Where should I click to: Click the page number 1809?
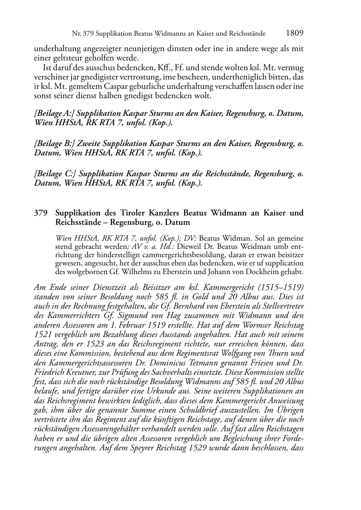pos(295,33)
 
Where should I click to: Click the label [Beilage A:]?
pos(54,114)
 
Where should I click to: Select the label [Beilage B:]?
pos(54,144)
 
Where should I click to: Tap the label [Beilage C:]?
pos(54,174)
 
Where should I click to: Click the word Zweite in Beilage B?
pos(88,144)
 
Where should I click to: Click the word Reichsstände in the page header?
pos(248,34)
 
